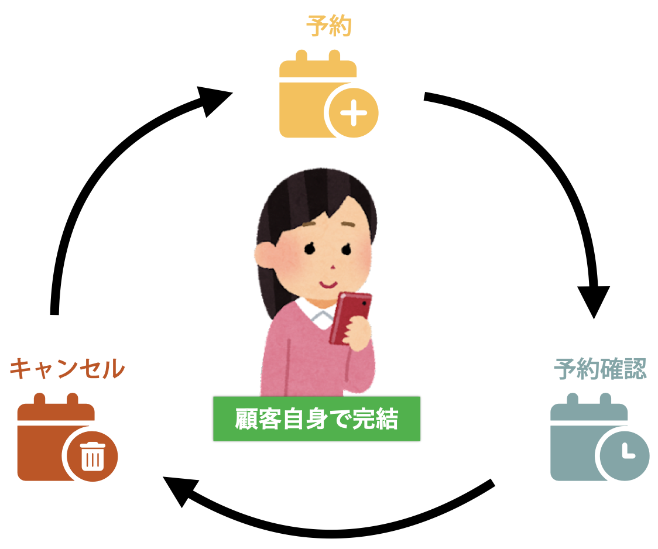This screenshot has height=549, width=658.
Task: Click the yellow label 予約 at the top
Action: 328,27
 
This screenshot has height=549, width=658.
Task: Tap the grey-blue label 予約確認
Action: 600,369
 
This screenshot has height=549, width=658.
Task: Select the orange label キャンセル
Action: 67,369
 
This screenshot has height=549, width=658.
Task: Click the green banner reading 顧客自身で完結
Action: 317,419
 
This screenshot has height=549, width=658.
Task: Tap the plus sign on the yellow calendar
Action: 353,114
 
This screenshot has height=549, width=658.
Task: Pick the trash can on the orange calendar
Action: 92,456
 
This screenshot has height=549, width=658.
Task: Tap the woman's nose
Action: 333,267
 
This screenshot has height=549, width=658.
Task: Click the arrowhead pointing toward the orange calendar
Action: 178,491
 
